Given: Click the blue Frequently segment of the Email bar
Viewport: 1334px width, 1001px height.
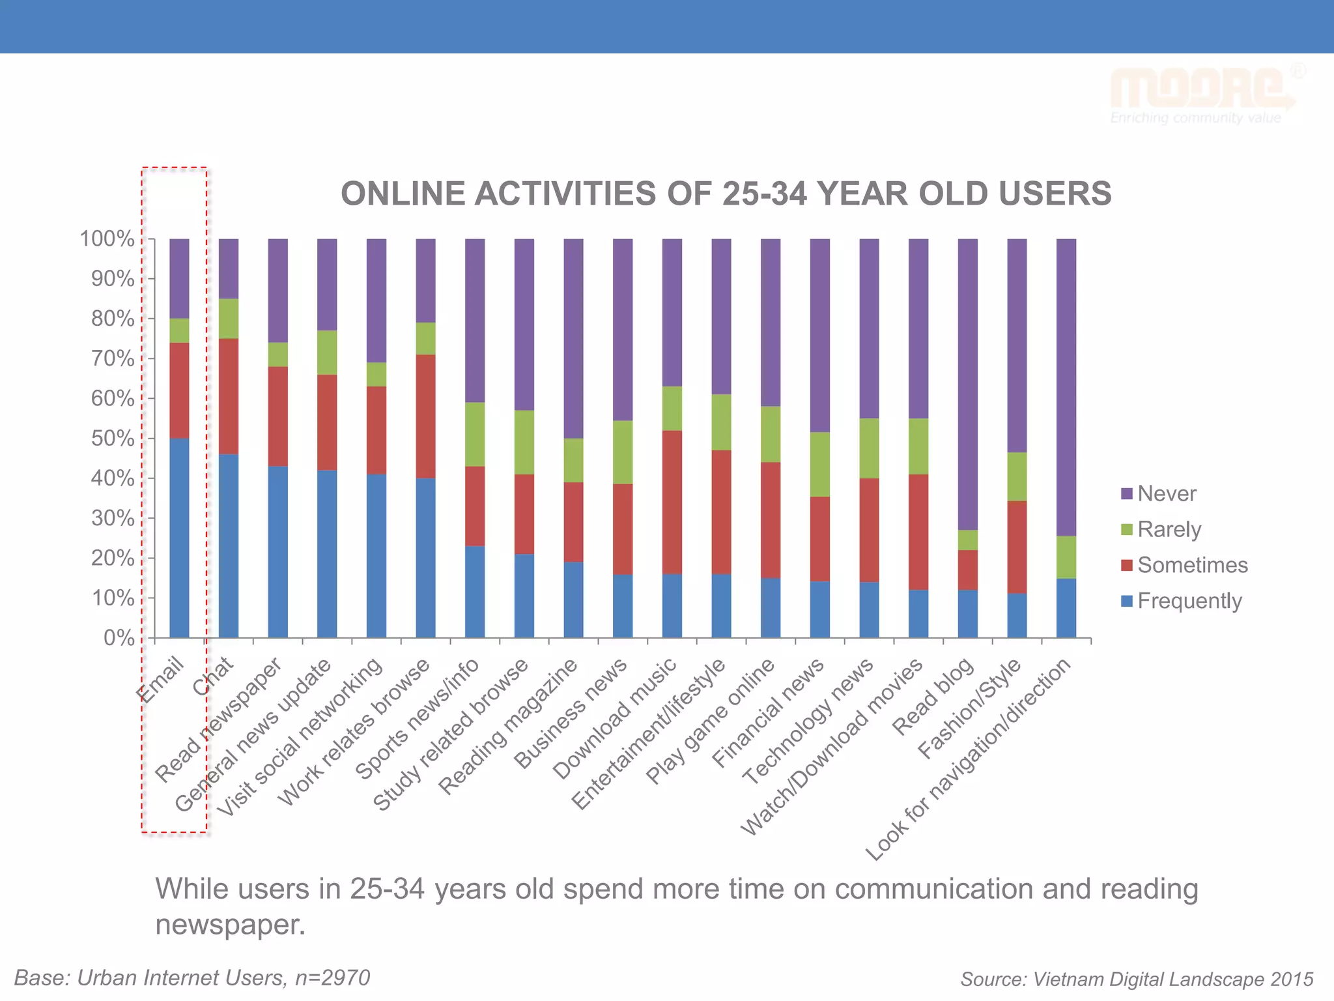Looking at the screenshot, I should coord(179,538).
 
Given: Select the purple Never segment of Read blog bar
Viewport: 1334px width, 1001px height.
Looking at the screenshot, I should coord(968,384).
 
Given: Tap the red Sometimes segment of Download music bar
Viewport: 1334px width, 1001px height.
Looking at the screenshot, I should coord(672,502).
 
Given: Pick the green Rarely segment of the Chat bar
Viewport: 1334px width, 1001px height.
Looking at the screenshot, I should coord(229,319).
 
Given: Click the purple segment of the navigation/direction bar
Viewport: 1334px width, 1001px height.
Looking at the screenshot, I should coord(1066,388).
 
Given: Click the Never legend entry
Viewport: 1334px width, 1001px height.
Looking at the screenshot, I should coord(1166,494).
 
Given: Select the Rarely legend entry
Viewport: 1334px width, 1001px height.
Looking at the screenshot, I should coord(1169,529).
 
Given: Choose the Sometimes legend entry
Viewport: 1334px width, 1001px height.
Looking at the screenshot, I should coord(1192,565).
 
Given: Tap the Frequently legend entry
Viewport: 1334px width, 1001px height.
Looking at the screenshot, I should coord(1189,601).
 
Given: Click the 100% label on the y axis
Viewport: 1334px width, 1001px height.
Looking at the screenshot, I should coord(107,239).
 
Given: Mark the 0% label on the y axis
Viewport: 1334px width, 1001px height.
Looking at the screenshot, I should coord(119,638).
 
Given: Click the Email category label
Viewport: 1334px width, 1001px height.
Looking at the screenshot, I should coord(162,680).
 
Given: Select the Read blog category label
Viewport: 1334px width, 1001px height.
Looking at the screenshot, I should coord(933,697).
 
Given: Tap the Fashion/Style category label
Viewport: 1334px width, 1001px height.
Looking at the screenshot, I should coord(969,708).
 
